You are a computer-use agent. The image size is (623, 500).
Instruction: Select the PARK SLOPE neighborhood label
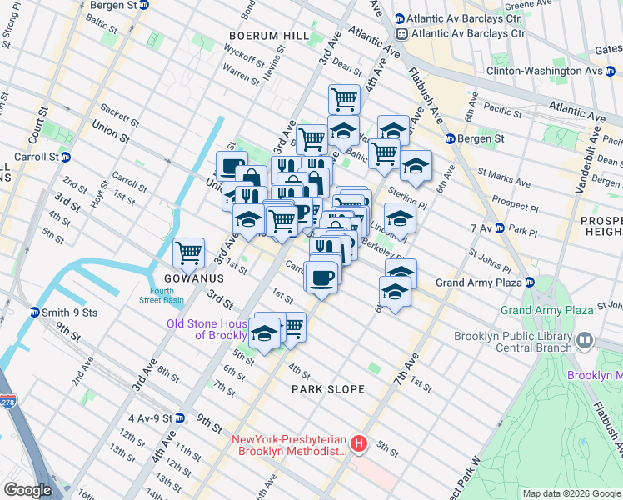(x=327, y=389)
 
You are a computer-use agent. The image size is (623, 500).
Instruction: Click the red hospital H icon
(x=359, y=443)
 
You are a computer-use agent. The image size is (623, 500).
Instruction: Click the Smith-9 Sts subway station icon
(x=35, y=312)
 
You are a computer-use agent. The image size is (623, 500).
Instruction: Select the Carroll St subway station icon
(x=66, y=156)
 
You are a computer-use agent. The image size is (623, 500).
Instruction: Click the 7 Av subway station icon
(x=499, y=227)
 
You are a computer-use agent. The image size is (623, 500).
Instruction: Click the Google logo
(x=27, y=489)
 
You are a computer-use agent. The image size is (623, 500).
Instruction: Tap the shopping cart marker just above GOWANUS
(x=189, y=251)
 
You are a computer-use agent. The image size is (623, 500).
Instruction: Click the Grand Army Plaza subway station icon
(x=530, y=282)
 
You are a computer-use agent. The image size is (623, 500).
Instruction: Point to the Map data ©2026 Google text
(x=571, y=493)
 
